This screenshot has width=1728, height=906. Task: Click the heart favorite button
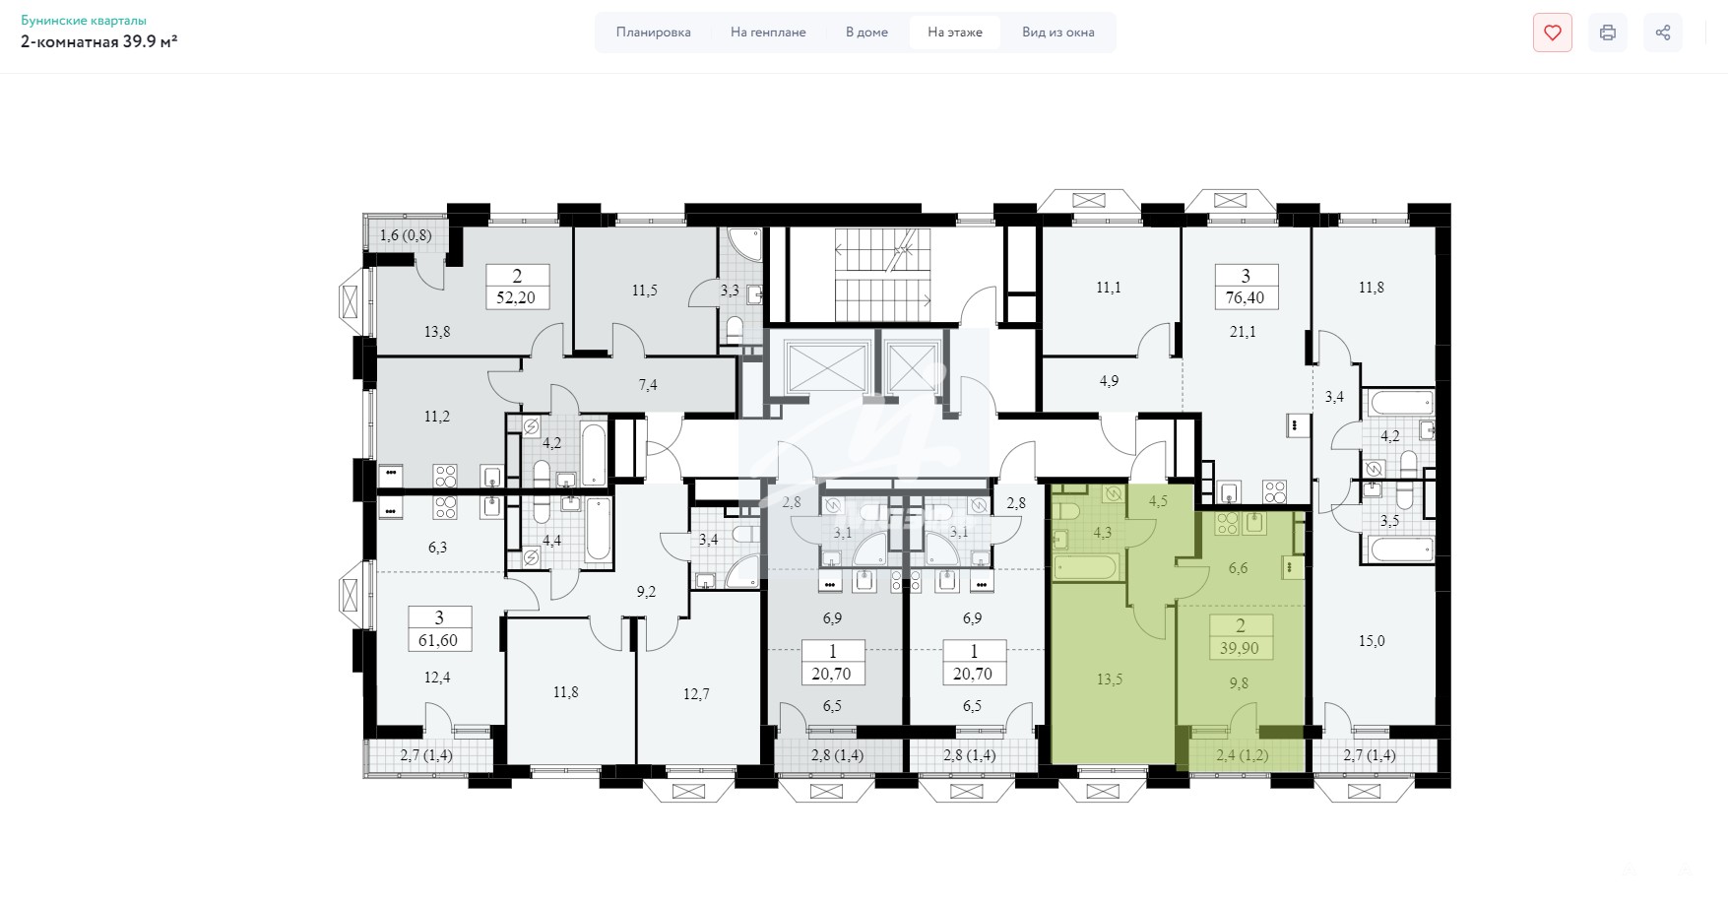[x=1553, y=32]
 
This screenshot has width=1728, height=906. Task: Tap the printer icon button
[x=1608, y=32]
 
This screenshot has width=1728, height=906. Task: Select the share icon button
[x=1663, y=32]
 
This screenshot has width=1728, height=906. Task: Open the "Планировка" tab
[x=654, y=32]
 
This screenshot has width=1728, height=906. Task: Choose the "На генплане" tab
[x=768, y=32]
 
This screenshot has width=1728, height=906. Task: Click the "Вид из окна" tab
[x=1058, y=32]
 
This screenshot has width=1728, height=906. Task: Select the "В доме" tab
[x=866, y=32]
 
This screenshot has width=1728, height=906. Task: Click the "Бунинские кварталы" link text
[x=84, y=20]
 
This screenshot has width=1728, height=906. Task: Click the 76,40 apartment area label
[x=1246, y=297]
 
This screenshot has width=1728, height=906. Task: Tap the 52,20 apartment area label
[x=517, y=297]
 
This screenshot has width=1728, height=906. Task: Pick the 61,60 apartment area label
[x=439, y=640]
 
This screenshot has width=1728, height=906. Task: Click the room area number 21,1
[x=1244, y=332]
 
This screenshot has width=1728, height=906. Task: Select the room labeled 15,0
[x=1372, y=641]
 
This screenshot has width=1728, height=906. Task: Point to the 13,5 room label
[x=1110, y=679]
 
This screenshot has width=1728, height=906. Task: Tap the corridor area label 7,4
[x=648, y=385]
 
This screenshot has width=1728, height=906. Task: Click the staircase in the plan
[x=882, y=274]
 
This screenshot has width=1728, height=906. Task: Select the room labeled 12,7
[x=696, y=694]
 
